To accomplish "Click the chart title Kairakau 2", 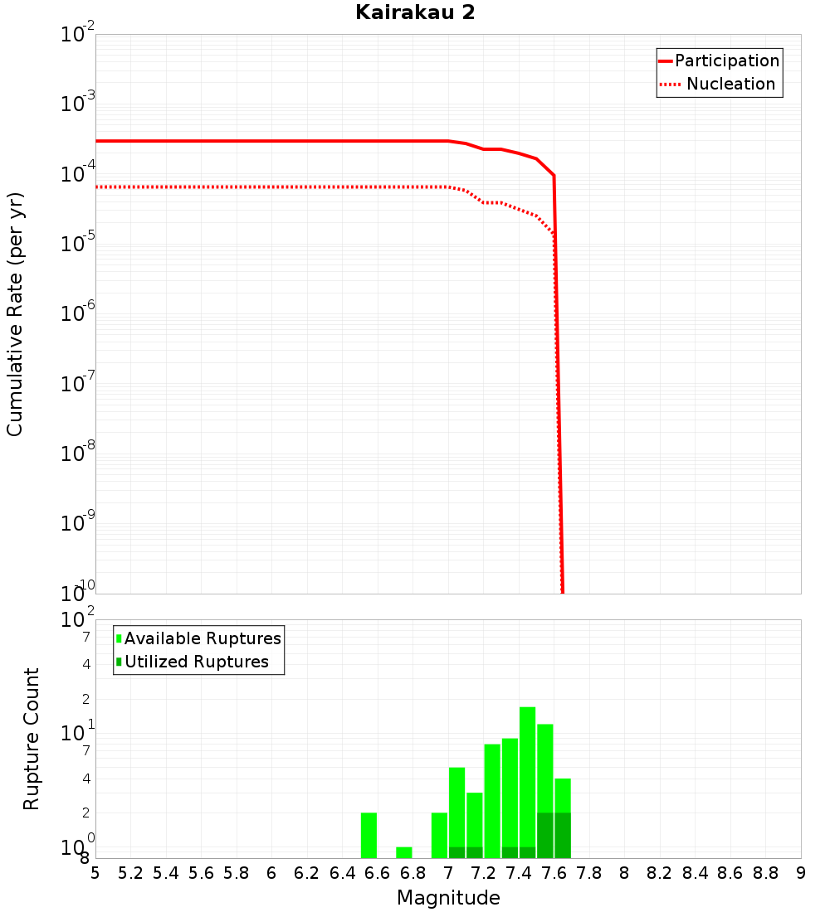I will [415, 13].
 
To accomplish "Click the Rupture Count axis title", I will [32, 739].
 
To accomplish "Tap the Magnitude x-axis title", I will [448, 898].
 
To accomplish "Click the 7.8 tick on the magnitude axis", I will [589, 873].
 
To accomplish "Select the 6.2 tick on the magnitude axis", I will [307, 873].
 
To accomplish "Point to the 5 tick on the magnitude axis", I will [95, 873].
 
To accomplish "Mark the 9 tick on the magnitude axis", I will [801, 873].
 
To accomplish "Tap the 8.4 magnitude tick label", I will [696, 873].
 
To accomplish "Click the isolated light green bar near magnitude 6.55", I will [369, 836].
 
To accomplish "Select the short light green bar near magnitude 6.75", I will [404, 852].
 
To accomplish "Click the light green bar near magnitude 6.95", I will [440, 836].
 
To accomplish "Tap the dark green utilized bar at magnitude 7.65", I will [563, 836].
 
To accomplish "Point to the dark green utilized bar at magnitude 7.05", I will [456, 852].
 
